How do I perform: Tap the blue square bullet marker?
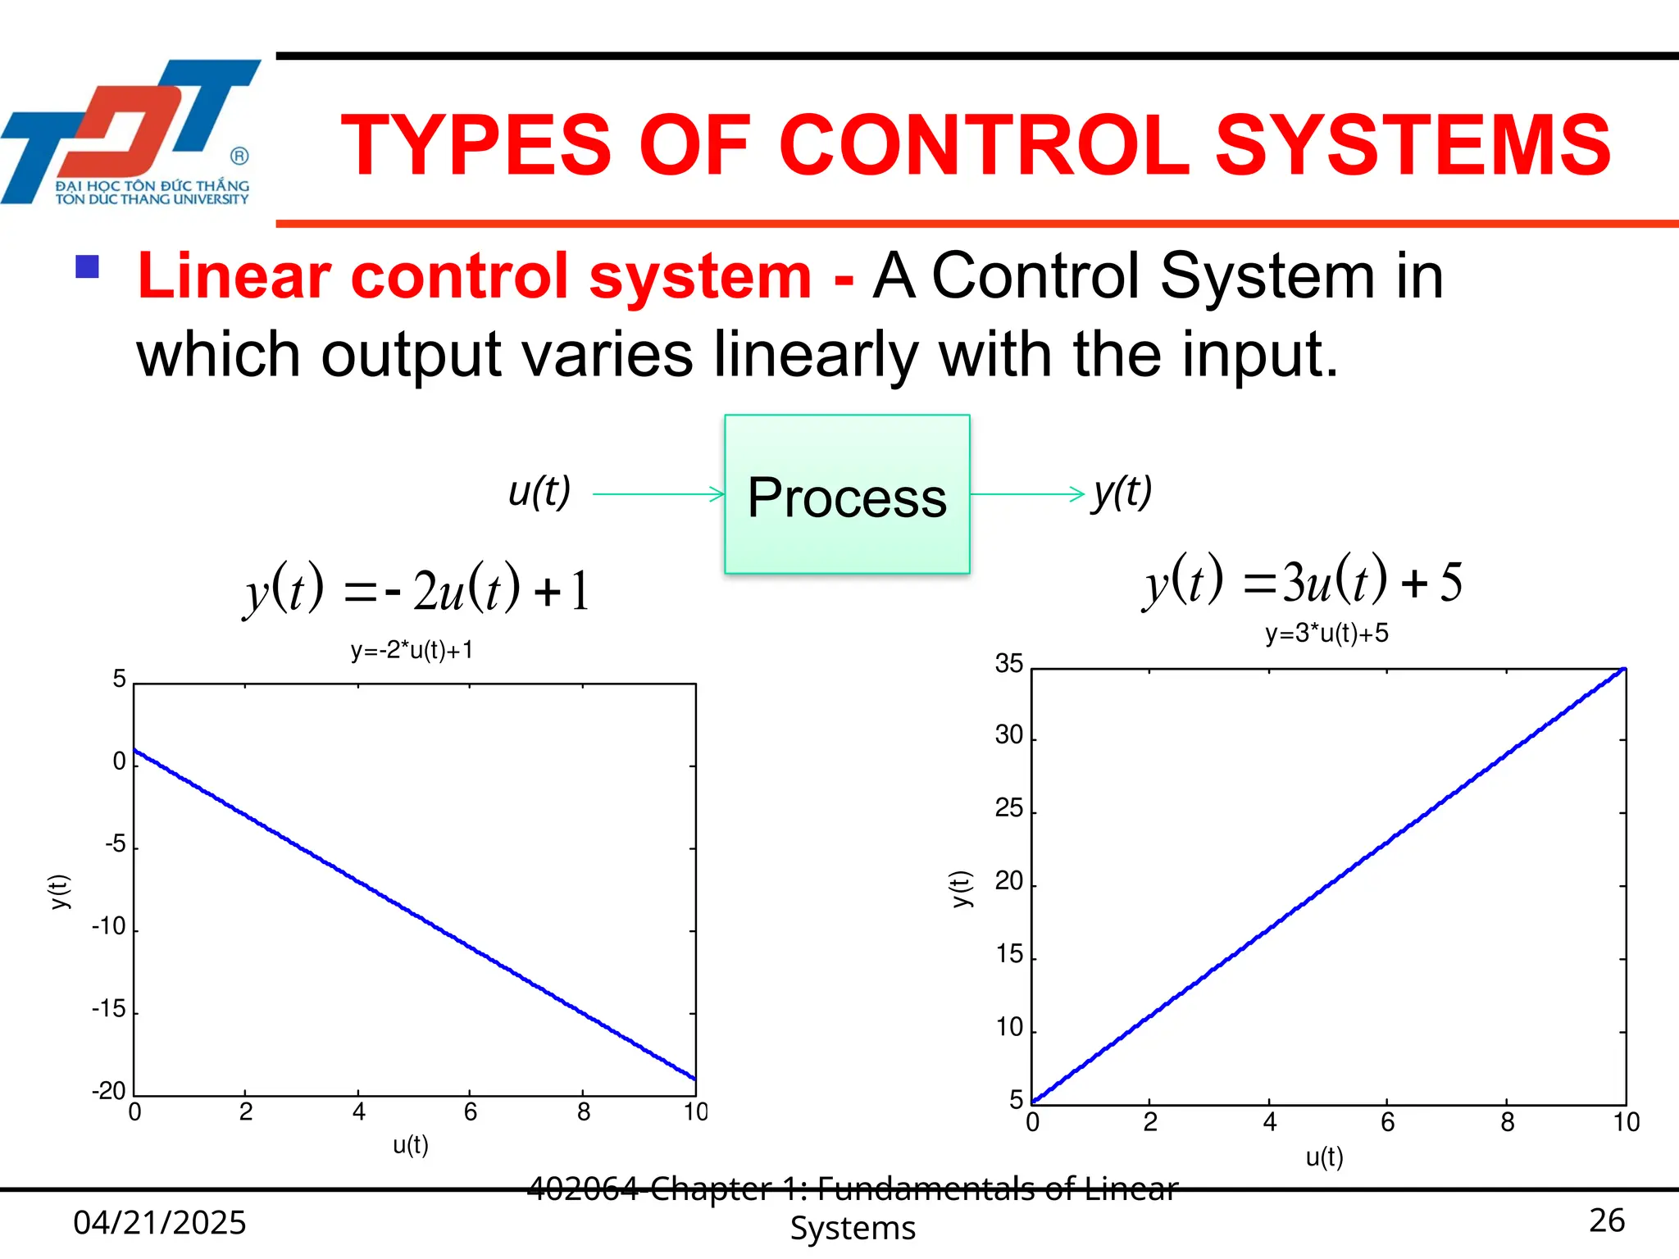[87, 267]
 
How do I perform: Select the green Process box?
[847, 494]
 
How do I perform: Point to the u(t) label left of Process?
[539, 492]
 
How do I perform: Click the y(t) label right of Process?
[1122, 492]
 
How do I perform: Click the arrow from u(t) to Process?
[657, 494]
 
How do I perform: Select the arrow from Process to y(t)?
[1026, 494]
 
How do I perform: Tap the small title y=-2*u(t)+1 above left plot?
[412, 650]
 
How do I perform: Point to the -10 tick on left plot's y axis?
[109, 926]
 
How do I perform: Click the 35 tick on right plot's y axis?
[1008, 663]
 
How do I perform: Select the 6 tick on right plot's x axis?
[1387, 1122]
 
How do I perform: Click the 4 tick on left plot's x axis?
[358, 1112]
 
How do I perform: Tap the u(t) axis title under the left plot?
[410, 1144]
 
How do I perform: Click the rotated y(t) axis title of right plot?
[961, 889]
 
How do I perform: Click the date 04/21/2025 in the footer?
[160, 1222]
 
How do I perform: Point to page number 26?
[1606, 1220]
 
